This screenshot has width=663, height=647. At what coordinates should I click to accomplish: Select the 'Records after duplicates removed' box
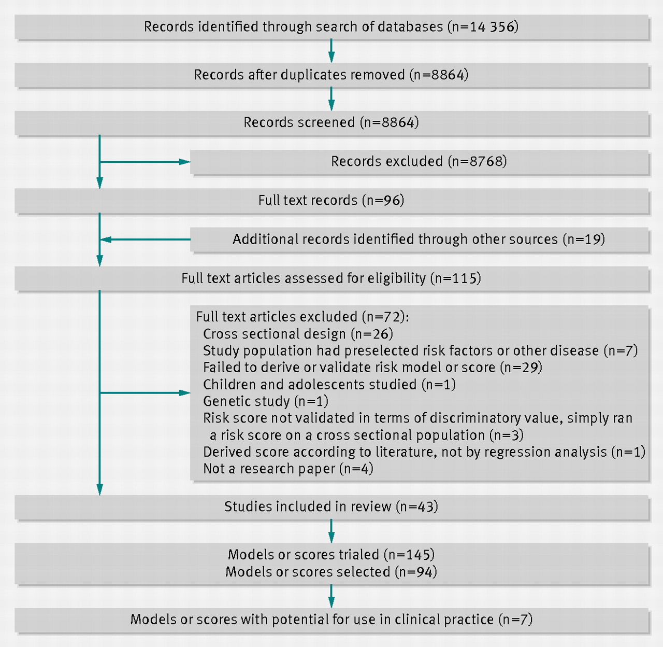pyautogui.click(x=331, y=75)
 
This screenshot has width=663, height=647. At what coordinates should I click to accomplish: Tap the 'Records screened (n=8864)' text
pyautogui.click(x=331, y=122)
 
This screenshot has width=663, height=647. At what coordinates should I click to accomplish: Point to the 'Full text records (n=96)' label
pyautogui.click(x=331, y=200)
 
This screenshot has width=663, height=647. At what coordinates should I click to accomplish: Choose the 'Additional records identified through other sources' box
pyautogui.click(x=419, y=240)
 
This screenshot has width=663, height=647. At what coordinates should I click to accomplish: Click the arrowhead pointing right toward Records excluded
pyautogui.click(x=184, y=162)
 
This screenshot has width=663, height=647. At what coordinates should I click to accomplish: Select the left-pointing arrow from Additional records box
pyautogui.click(x=145, y=240)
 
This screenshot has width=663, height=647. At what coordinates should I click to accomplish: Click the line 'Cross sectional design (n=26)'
pyautogui.click(x=298, y=334)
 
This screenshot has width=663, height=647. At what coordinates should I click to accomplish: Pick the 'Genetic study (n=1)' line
pyautogui.click(x=266, y=401)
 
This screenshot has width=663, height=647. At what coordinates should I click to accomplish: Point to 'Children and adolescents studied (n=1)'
pyautogui.click(x=329, y=384)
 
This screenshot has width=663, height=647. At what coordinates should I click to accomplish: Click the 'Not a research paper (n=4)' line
pyautogui.click(x=288, y=469)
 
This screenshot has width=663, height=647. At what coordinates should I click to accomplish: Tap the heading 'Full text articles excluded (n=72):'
pyautogui.click(x=302, y=317)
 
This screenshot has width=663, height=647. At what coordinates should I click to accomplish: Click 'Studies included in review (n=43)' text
pyautogui.click(x=331, y=507)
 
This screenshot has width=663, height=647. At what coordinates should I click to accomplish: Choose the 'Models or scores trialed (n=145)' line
pyautogui.click(x=331, y=555)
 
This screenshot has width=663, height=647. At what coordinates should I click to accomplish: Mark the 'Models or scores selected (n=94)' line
pyautogui.click(x=331, y=572)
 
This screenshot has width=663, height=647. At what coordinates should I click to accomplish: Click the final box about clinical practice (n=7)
pyautogui.click(x=331, y=621)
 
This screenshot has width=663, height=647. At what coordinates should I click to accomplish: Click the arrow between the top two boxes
pyautogui.click(x=331, y=51)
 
